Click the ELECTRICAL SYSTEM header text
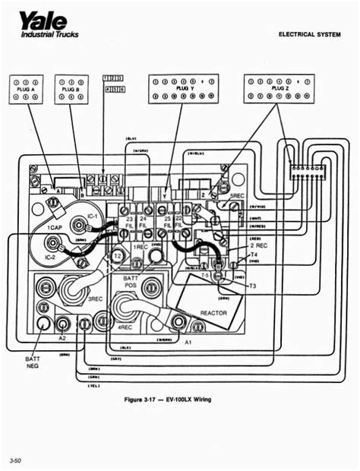coord(312,34)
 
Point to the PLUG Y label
coord(183,88)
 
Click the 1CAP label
coord(55,229)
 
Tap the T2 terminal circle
coord(117,257)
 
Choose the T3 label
coord(252,285)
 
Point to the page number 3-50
coord(16,460)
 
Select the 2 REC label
coord(258,246)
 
